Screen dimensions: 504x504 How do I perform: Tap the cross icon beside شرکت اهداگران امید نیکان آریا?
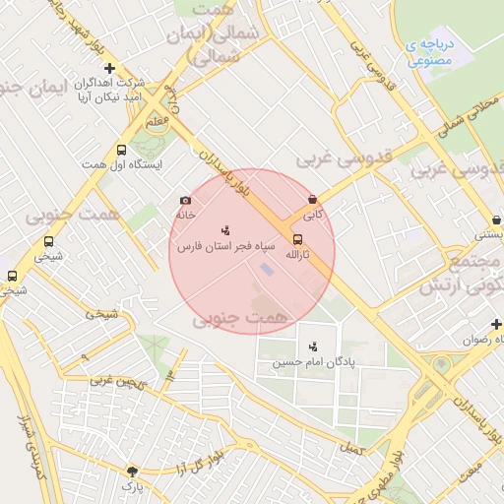109,68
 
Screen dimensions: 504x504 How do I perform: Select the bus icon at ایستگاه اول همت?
121,151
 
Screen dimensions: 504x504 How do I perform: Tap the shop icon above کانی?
312,199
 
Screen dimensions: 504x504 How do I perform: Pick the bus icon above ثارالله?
297,238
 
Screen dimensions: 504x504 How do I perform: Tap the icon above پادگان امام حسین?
313,346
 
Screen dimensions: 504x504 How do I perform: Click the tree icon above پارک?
132,472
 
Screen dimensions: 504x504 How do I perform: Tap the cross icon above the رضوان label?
496,324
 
